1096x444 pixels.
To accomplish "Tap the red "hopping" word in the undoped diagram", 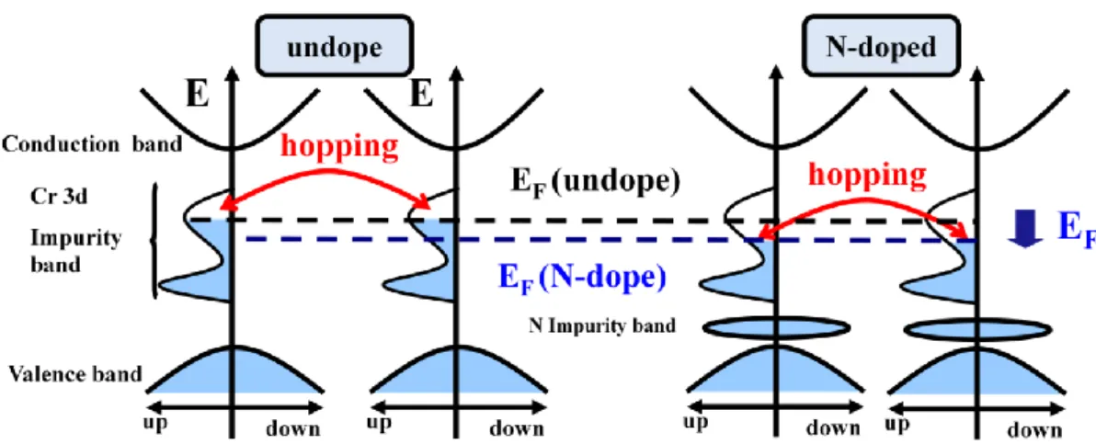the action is coord(340,148).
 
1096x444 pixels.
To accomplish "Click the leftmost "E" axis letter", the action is coord(198,96).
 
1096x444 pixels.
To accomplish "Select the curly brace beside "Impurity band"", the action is coord(155,241).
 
